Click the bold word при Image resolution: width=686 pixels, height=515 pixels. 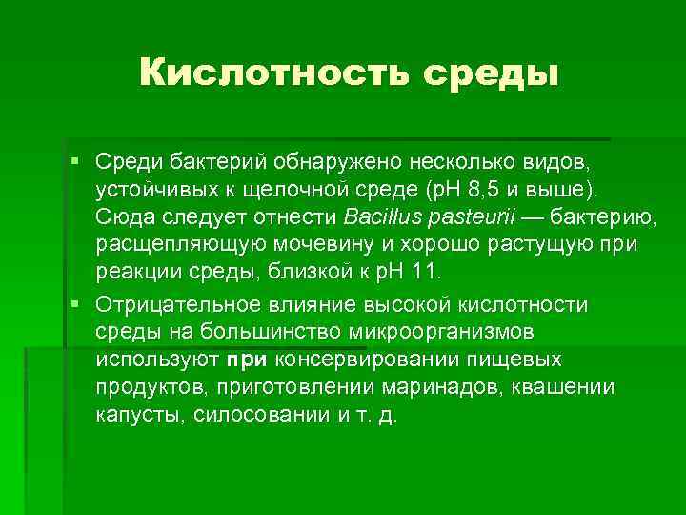click(x=250, y=360)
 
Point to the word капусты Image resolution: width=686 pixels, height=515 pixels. click(x=139, y=417)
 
